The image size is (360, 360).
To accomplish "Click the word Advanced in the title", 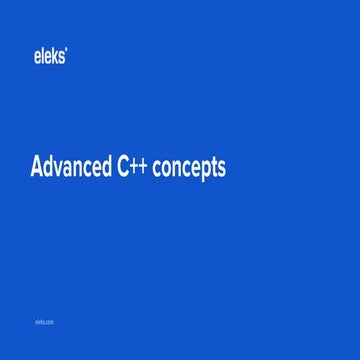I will pos(70,168).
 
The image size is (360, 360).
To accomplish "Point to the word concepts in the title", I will pos(190,169).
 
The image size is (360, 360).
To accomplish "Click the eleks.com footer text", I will pos(43,323).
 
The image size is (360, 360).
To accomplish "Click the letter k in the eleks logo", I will pos(56,57).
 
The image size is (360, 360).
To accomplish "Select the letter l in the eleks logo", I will pos(42,57).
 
